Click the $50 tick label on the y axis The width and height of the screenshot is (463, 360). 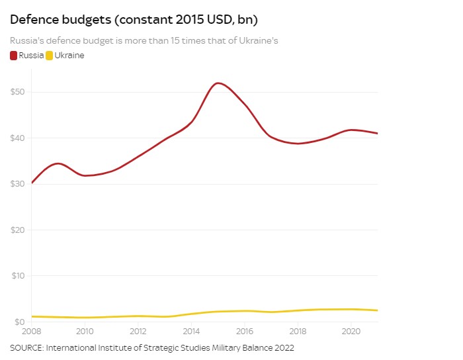[x=18, y=91]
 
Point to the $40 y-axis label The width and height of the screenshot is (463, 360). [x=18, y=138]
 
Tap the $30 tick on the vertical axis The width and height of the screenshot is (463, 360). [x=18, y=183]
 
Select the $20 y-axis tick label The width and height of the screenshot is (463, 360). [x=18, y=230]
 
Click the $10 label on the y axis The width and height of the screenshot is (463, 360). [x=18, y=275]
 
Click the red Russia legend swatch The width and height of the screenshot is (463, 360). [x=14, y=56]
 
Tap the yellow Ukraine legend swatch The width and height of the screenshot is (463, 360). [x=50, y=56]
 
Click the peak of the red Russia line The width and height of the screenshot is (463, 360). [x=218, y=83]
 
